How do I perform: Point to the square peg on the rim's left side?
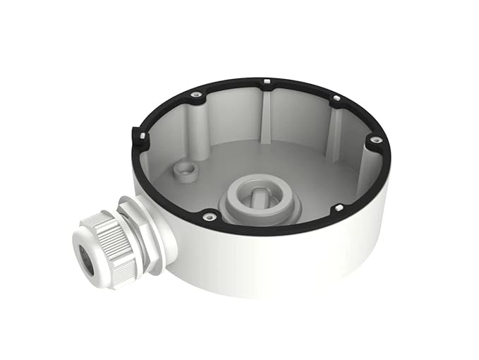click(x=143, y=135)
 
